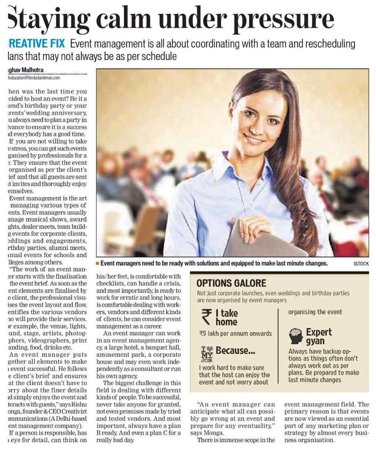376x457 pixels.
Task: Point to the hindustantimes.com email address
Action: [x=34, y=77]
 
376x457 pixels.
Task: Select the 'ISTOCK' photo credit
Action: [x=361, y=264]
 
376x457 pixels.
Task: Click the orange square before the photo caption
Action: [x=97, y=263]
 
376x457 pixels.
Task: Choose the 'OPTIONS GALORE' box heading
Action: [x=231, y=283]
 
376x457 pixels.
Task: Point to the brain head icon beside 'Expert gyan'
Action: [x=296, y=336]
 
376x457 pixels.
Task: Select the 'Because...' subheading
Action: [x=235, y=351]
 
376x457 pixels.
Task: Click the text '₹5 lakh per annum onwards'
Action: [x=235, y=333]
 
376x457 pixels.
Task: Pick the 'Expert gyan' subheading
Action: [x=318, y=336]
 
